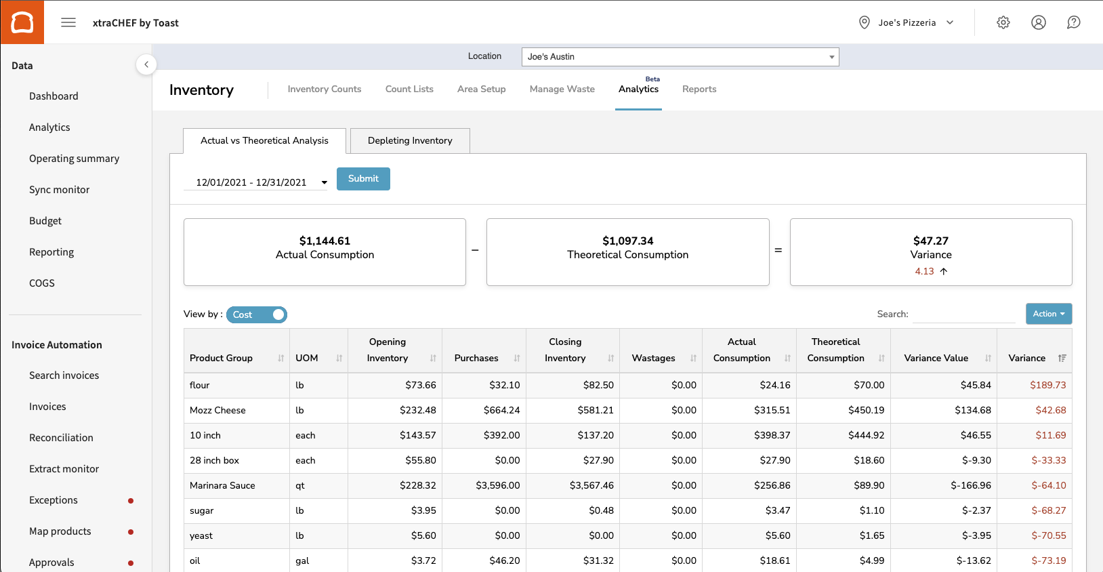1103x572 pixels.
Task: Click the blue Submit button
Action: point(363,179)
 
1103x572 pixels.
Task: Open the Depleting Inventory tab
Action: point(410,141)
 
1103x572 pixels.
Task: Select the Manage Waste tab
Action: point(562,89)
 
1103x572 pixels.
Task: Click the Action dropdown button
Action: point(1048,314)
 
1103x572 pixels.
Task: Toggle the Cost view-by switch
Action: point(257,314)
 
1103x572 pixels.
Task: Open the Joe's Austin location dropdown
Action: point(680,57)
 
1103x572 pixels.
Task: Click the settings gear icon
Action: point(1003,22)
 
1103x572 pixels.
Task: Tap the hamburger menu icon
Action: point(68,22)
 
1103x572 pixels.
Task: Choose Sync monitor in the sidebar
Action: point(59,190)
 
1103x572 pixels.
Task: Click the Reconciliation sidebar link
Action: point(61,438)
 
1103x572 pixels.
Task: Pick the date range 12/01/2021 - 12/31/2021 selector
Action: point(255,182)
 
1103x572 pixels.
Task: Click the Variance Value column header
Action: point(936,358)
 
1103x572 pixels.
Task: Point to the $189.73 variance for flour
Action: point(1047,385)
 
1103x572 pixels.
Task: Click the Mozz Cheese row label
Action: point(217,410)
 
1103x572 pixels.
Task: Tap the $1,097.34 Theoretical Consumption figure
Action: point(627,241)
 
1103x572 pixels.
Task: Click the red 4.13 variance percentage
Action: point(924,271)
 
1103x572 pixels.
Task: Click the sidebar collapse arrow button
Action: point(146,64)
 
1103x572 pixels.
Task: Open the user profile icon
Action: point(1038,22)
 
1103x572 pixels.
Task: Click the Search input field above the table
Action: point(963,314)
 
